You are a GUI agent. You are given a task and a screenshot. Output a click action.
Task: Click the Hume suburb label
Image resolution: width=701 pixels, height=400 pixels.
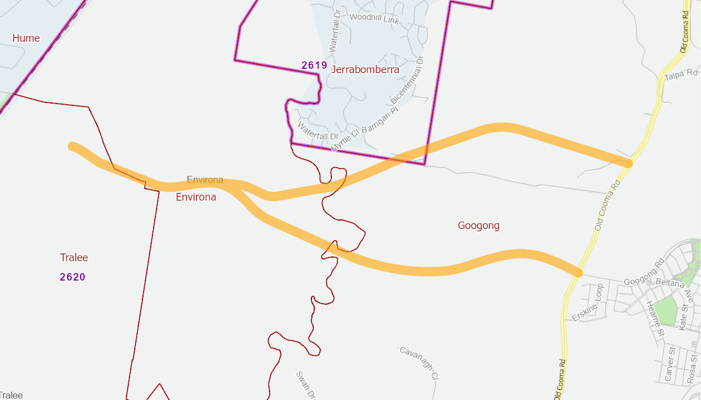click(26, 38)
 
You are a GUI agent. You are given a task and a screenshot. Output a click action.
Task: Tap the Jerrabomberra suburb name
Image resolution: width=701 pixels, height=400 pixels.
click(365, 69)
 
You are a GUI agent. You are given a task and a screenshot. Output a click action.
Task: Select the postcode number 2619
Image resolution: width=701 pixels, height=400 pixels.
click(314, 65)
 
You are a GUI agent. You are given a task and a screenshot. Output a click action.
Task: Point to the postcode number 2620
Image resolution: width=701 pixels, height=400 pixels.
click(72, 277)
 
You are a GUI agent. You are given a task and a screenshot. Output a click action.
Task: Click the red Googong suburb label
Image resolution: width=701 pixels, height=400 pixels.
click(479, 225)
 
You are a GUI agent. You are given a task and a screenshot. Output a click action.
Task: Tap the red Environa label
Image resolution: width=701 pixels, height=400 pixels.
click(196, 197)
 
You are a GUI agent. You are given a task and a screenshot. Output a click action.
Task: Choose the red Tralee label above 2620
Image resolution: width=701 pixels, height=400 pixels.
click(74, 258)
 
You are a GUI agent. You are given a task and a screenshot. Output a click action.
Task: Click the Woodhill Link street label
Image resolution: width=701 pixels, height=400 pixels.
click(374, 18)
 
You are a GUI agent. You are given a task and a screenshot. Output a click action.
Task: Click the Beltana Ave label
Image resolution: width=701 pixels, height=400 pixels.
click(676, 288)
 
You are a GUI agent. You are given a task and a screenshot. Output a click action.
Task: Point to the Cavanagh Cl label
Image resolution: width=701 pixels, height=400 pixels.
click(419, 362)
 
